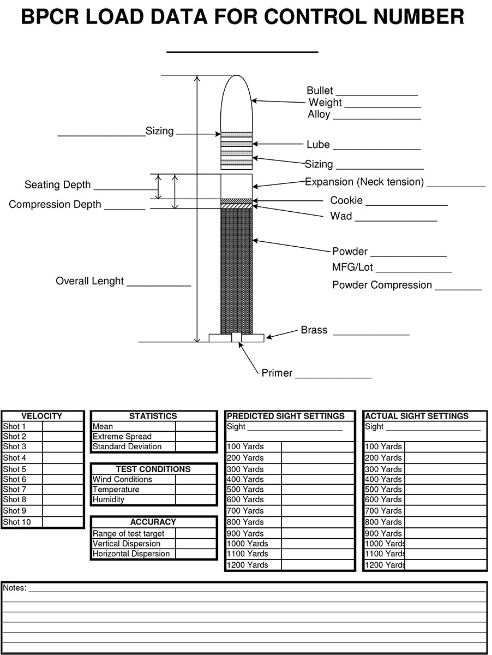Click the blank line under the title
pos(242,52)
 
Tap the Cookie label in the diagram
pos(346,200)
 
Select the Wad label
pos(341,216)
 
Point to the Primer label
pos(277,373)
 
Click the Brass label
pos(314,330)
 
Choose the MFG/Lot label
pos(352,267)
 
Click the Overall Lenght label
pos(89,281)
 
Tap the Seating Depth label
pos(58,184)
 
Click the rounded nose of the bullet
pos(237,90)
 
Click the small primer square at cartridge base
pos(237,337)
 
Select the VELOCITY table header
pos(42,416)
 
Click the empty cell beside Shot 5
pos(63,469)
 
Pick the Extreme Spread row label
pos(122,437)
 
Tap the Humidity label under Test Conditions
pos(108,499)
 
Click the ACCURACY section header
pos(153,522)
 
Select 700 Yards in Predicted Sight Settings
pos(245,510)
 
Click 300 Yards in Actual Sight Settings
pos(383,469)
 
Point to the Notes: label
pos(15,587)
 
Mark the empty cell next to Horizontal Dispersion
pos(196,554)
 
